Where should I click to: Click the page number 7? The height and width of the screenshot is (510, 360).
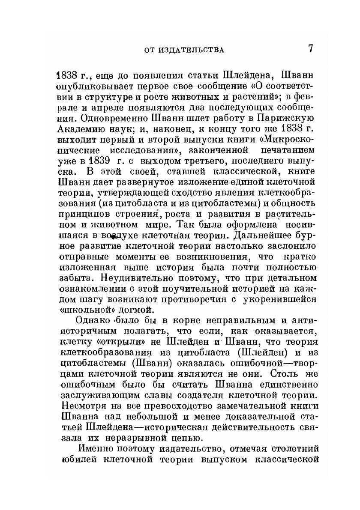coord(310,48)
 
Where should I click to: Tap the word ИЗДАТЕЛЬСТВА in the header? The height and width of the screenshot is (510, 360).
coord(190,50)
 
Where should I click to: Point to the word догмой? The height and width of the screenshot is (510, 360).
coord(136,310)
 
